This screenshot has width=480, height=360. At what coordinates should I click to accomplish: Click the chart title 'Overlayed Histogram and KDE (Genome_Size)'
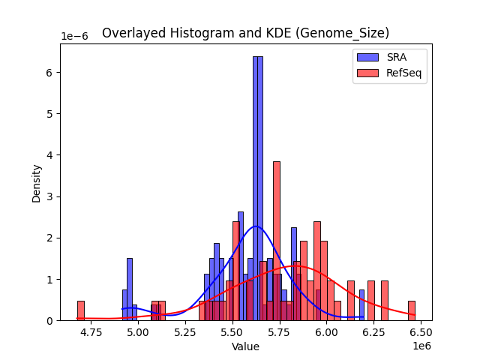pos(245,33)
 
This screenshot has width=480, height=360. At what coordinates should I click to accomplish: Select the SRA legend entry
pos(397,58)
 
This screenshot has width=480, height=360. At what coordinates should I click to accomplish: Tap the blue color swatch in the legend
pos(367,58)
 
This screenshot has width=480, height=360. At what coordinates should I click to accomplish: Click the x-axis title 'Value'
pos(245,346)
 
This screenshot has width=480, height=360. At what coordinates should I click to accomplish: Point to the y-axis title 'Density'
pos(36,182)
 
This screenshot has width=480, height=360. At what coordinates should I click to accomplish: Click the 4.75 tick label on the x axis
pos(91,331)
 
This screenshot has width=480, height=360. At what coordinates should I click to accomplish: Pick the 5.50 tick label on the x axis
pos(232,331)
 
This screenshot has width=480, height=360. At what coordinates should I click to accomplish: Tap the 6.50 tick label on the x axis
pos(421,331)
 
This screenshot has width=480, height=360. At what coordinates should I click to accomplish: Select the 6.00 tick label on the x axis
pos(326,331)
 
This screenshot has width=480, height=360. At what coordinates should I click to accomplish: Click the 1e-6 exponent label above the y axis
pos(73,37)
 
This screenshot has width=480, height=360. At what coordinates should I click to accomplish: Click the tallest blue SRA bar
pos(257,187)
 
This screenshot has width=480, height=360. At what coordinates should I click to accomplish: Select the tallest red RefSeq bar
pos(276,240)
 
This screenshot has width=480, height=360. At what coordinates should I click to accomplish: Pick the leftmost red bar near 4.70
pos(80,310)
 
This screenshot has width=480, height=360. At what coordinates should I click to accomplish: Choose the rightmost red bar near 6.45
pos(411,310)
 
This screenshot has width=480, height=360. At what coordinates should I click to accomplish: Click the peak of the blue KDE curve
pos(256,226)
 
